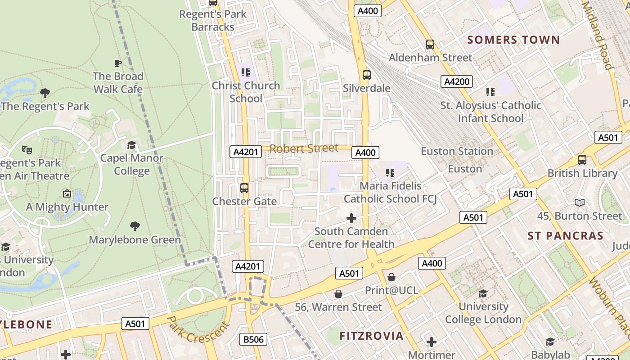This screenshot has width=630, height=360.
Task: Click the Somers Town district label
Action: point(513,40)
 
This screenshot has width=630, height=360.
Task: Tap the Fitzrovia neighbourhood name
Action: point(371,336)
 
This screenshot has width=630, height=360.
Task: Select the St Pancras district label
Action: point(565,236)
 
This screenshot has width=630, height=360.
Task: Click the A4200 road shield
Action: point(457,81)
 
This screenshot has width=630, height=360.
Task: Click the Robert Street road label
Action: point(304,148)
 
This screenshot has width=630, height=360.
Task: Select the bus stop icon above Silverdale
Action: point(367,75)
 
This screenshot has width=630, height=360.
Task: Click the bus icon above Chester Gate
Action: point(244,188)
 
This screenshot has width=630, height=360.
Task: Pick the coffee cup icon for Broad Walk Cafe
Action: point(118,63)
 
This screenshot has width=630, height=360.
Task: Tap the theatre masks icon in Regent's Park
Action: point(27,149)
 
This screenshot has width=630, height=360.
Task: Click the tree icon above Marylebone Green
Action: point(135,226)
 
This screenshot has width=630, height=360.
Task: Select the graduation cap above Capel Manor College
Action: point(131,145)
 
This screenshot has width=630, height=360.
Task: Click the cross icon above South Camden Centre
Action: point(351,218)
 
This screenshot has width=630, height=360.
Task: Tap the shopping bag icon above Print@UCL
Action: point(391,277)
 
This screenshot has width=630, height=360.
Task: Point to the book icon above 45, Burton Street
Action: point(580,203)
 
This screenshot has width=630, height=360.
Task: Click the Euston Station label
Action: point(457,151)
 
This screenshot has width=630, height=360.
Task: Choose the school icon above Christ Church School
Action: point(245,72)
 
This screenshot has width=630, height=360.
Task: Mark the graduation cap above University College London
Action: point(483,293)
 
